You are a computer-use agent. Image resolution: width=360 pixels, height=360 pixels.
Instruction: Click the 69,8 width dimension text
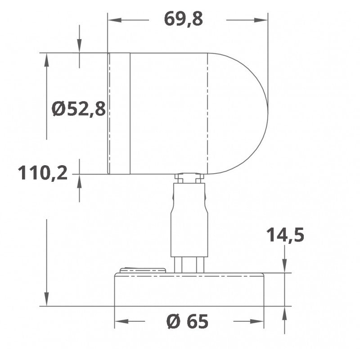click(184, 19)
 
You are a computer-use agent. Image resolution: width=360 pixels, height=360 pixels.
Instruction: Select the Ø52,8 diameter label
click(78, 109)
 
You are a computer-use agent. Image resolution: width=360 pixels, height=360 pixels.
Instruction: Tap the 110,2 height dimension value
click(43, 172)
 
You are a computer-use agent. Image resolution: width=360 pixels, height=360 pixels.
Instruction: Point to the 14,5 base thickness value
click(285, 235)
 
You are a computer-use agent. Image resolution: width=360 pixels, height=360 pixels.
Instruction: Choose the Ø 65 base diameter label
click(187, 321)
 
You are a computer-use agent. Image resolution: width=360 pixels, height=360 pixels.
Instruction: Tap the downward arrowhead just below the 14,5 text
click(285, 266)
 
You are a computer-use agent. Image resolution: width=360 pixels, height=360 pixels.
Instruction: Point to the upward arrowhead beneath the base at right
click(285, 312)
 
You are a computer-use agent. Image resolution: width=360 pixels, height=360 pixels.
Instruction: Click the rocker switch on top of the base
click(143, 270)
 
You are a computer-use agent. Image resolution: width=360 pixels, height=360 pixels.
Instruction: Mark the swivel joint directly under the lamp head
click(189, 179)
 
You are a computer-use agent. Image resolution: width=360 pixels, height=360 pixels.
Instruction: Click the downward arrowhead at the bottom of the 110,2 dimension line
click(46, 300)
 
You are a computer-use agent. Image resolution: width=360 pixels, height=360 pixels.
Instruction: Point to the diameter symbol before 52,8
click(58, 109)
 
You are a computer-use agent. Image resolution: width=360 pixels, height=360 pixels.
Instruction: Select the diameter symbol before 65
click(173, 321)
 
